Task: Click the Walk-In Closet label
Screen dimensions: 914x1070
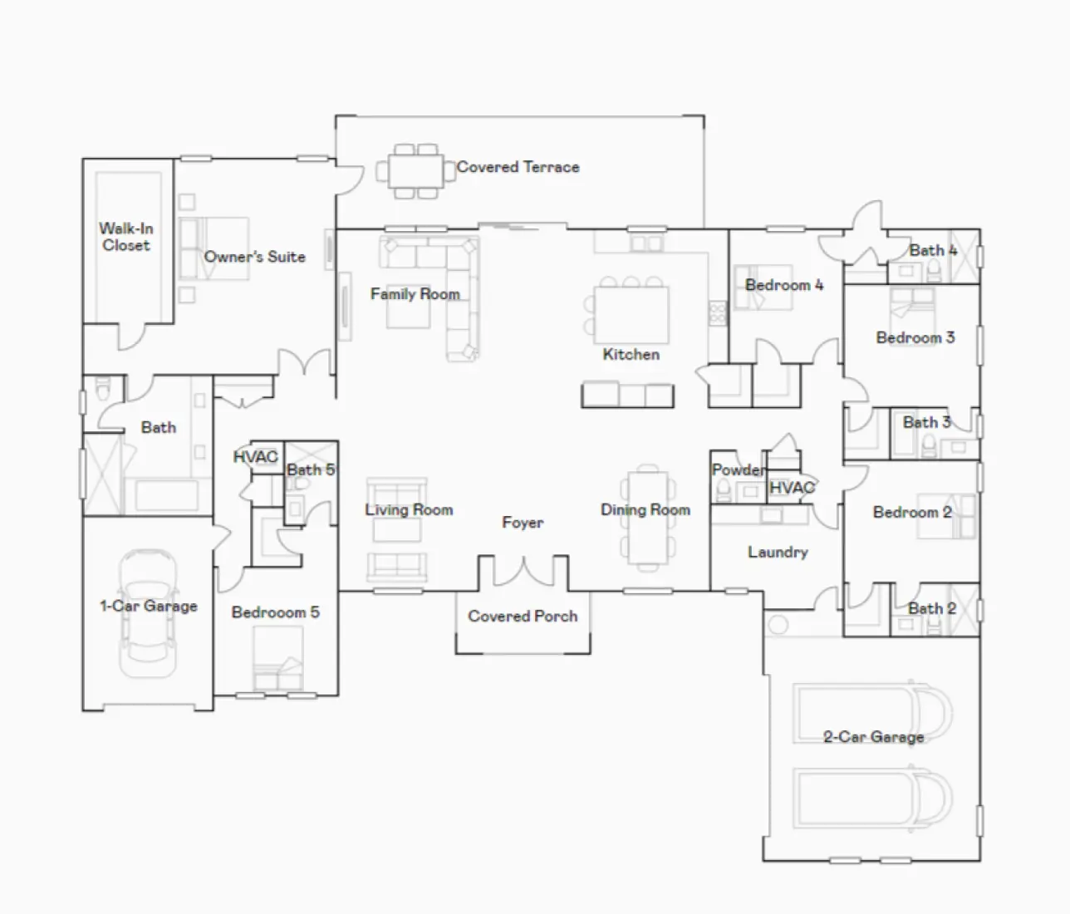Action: (126, 237)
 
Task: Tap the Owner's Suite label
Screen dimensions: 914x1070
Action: (254, 257)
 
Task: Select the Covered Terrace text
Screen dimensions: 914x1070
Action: (518, 167)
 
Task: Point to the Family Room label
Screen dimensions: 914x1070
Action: (415, 294)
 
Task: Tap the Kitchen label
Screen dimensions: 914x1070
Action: (631, 355)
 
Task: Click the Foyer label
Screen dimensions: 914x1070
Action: (523, 523)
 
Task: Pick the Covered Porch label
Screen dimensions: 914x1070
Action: (523, 617)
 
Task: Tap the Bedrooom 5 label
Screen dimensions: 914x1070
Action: (275, 612)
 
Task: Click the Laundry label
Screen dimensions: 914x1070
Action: (778, 552)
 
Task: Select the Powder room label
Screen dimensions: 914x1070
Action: (738, 470)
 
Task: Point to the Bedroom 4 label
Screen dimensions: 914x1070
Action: (783, 285)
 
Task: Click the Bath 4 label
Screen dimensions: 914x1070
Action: (933, 250)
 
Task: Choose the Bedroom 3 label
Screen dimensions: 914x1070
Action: (915, 337)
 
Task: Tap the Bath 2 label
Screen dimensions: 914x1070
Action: (931, 609)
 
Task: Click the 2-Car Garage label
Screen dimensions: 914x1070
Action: (873, 737)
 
